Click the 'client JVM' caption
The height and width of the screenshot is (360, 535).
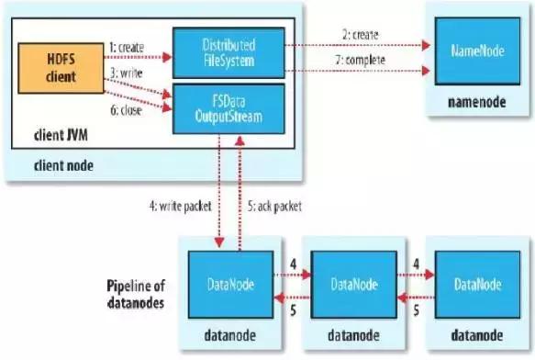coord(53,140)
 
